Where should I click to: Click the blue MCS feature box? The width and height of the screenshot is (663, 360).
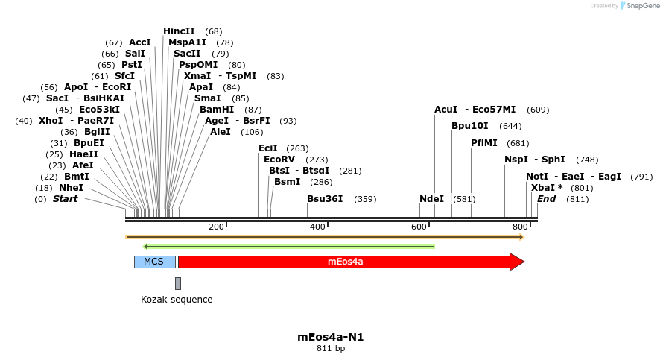click(x=154, y=262)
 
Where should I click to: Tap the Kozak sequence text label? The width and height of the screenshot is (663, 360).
click(x=177, y=300)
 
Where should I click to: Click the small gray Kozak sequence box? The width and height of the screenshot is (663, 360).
click(x=178, y=283)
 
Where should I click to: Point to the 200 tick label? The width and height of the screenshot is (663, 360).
click(x=216, y=227)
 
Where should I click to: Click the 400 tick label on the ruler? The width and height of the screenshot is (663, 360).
click(x=317, y=227)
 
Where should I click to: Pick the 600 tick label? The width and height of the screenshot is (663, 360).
click(x=419, y=227)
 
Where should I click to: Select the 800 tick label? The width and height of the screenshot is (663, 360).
click(x=520, y=227)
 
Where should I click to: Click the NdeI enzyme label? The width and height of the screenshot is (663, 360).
click(x=431, y=199)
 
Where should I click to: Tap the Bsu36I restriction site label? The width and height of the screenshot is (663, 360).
click(x=325, y=199)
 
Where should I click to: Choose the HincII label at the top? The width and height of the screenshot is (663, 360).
click(x=179, y=31)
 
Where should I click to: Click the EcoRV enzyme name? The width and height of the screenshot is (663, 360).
click(x=280, y=160)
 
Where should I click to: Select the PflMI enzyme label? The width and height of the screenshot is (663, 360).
click(x=484, y=143)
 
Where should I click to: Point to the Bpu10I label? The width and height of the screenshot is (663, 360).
click(x=470, y=126)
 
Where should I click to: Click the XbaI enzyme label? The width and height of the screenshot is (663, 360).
click(x=543, y=188)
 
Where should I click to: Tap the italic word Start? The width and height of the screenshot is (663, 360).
click(x=65, y=199)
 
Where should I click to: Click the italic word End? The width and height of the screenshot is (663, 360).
click(x=546, y=199)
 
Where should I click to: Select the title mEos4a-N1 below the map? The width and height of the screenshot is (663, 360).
click(x=331, y=337)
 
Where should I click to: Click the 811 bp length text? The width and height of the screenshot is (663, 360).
click(x=331, y=348)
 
